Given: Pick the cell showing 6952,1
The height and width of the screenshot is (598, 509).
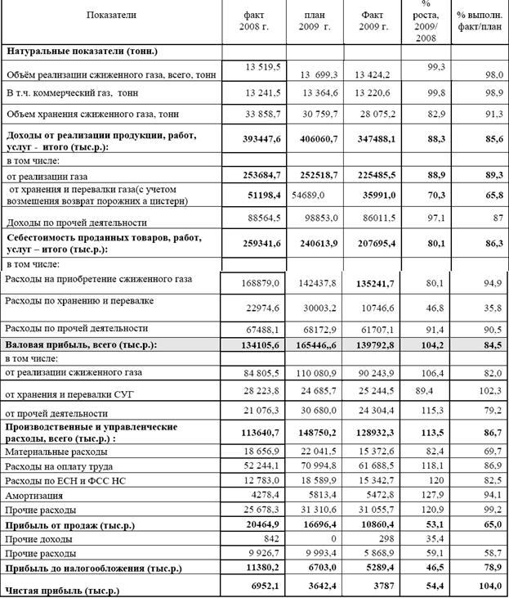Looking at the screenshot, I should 266,585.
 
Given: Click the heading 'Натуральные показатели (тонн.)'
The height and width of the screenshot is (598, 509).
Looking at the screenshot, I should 82,51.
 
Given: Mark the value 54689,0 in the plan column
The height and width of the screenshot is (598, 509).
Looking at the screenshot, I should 310,197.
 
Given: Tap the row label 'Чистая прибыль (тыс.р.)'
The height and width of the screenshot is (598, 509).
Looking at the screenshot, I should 61,589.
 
